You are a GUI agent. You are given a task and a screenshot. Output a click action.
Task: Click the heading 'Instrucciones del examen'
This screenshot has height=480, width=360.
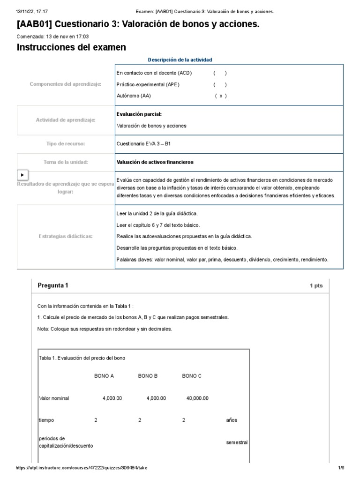(71, 47)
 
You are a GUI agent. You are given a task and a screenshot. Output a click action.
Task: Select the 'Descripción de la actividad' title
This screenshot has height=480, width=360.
(180, 60)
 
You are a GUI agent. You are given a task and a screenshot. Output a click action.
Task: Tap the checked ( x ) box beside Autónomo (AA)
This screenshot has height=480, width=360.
(221, 96)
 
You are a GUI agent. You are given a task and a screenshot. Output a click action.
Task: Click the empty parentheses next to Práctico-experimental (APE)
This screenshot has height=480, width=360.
(220, 84)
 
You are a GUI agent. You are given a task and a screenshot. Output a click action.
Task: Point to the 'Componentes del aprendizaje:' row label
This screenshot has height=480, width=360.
(66, 84)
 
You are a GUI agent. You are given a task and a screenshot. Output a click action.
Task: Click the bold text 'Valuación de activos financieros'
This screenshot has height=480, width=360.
(155, 162)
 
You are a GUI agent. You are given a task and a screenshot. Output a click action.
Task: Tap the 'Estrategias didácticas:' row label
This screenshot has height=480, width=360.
(66, 236)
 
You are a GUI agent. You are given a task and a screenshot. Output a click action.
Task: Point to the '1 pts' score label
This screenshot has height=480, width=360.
(316, 286)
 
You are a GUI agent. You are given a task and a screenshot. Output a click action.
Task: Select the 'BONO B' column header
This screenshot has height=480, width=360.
(148, 376)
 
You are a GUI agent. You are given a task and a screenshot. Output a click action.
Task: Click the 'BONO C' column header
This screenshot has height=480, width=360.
(192, 376)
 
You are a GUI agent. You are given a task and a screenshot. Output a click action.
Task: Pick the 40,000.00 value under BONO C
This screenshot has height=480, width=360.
(197, 398)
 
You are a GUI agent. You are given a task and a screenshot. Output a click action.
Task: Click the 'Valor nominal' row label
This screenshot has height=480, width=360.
(54, 398)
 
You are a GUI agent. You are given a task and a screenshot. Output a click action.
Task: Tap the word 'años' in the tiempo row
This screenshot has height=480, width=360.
(232, 420)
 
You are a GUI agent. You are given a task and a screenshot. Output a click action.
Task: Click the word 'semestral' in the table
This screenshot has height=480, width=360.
(237, 442)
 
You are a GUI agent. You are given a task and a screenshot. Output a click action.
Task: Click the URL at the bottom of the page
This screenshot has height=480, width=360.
(84, 468)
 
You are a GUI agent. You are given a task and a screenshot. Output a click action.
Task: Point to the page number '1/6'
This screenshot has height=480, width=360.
(341, 468)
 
